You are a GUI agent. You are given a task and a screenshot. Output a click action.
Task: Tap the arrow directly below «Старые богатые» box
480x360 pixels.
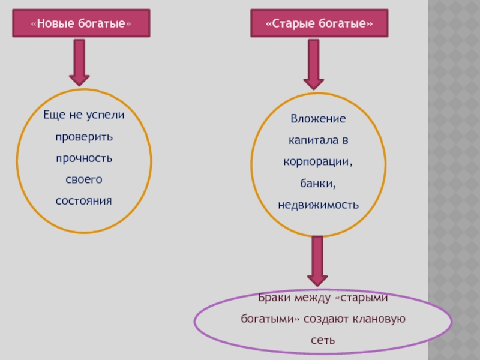pos(313,64)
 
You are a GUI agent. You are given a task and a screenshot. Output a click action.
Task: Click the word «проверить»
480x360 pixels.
pos(84,137)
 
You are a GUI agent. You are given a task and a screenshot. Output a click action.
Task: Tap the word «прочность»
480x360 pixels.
pos(84,158)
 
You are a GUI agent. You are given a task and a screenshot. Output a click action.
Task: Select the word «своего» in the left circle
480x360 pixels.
pos(84,179)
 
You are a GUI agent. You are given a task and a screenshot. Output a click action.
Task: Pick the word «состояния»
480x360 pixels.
pos(84,200)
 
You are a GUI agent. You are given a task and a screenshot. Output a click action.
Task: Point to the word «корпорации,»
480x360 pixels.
pos(318,162)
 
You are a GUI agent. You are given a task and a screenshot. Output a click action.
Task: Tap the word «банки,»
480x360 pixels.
pos(318,183)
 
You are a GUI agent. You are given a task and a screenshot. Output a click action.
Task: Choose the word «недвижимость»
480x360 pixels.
pos(318,205)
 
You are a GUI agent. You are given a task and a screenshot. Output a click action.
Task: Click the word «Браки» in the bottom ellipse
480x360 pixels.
pos(273,298)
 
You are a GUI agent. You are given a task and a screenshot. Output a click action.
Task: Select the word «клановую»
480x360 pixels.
pos(382,319)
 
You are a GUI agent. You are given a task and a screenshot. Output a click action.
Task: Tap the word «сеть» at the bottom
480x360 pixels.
pos(322,340)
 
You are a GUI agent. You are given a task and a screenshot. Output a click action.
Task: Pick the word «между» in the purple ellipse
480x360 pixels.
pos(312,298)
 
